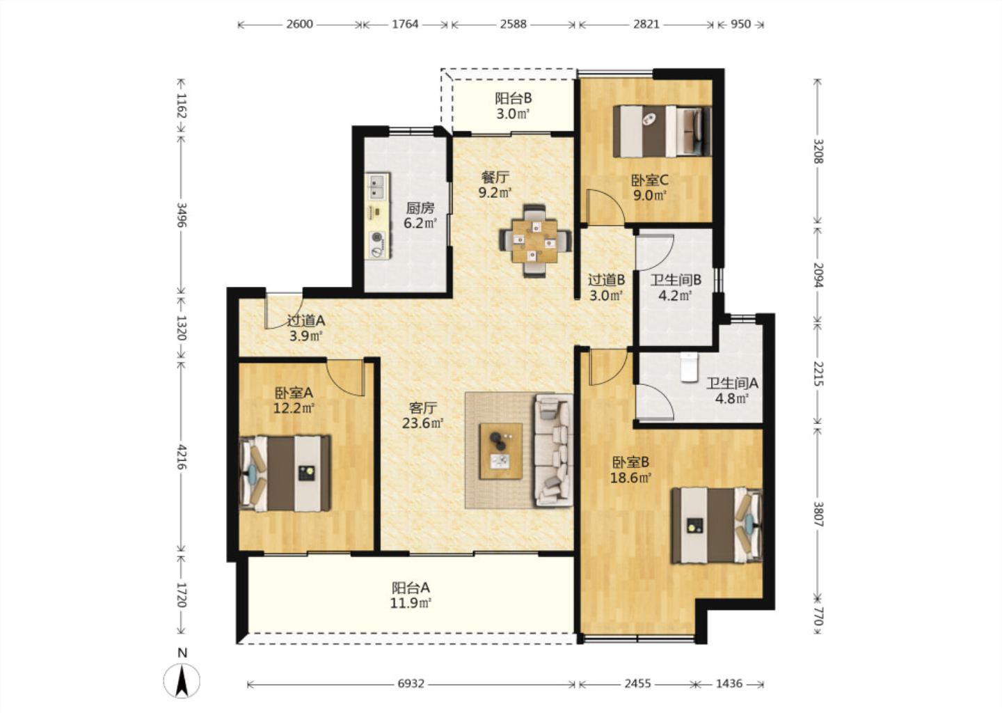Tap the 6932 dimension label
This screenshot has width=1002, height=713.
point(411,684)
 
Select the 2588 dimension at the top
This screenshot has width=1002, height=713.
point(513,24)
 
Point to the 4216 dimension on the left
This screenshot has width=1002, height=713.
point(181,456)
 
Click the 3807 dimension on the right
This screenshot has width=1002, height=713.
point(818,513)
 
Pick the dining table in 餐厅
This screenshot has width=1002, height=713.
point(535,241)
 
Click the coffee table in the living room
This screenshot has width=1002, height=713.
point(501,450)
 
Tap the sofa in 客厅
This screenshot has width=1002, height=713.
point(553,450)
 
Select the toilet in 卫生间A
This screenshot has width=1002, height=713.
point(689,368)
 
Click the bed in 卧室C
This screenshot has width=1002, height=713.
point(662,131)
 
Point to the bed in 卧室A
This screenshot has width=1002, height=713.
point(285,473)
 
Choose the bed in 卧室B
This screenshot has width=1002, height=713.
point(717,525)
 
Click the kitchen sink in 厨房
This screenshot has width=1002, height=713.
point(379,187)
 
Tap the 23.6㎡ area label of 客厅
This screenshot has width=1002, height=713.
point(423,423)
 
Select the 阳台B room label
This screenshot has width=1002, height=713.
point(513,98)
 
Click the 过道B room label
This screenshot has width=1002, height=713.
point(606,280)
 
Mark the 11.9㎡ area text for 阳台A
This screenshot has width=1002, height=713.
point(411,603)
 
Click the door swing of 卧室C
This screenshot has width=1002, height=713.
point(605,206)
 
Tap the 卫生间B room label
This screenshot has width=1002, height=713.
point(676,280)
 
